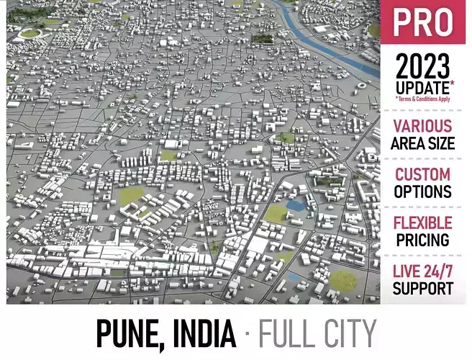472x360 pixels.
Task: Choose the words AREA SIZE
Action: pyautogui.click(x=422, y=143)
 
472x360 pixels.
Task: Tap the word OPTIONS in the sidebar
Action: pyautogui.click(x=422, y=192)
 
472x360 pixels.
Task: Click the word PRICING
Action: pyautogui.click(x=422, y=240)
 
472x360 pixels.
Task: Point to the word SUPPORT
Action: pyautogui.click(x=422, y=288)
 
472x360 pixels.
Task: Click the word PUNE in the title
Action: pyautogui.click(x=127, y=333)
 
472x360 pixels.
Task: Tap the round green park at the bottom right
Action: pyautogui.click(x=343, y=280)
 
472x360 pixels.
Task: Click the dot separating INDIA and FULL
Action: pyautogui.click(x=247, y=334)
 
